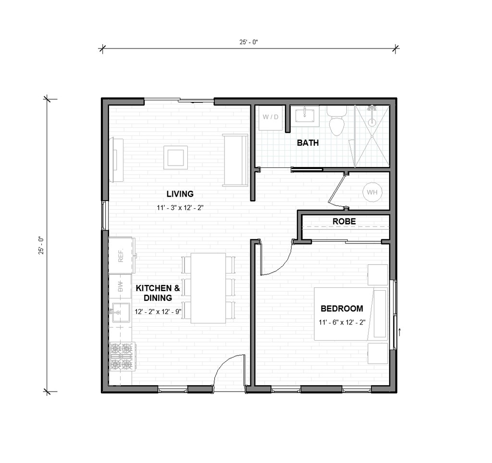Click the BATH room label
coord(307,142)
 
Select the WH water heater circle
coord(372,192)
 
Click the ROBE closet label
coord(344,221)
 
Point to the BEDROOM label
coord(342,309)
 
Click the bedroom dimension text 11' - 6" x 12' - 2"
coord(342,322)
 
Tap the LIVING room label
coord(180,194)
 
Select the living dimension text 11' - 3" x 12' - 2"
coord(180,208)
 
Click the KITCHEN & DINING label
coord(158,293)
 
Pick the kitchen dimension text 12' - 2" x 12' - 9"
coord(158,311)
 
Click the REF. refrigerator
coord(121,255)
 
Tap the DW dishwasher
coord(121,287)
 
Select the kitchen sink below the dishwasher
coord(120,312)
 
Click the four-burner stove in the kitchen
coord(121,356)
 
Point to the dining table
coord(208,288)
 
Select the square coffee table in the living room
coord(175,157)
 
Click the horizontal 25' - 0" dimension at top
coord(249,42)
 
